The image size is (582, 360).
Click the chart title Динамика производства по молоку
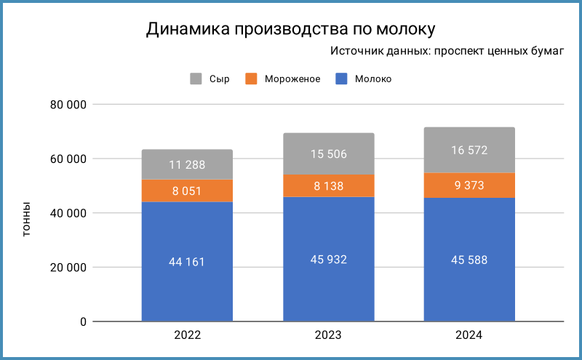pyautogui.click(x=290, y=29)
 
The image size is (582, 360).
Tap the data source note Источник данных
pyautogui.click(x=447, y=52)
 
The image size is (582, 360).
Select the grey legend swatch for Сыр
pyautogui.click(x=196, y=79)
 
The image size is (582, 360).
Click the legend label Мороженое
pyautogui.click(x=292, y=79)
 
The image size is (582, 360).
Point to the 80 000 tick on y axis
pyautogui.click(x=68, y=105)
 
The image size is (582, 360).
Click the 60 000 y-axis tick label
pyautogui.click(x=68, y=159)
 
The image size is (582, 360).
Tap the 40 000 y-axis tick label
pyautogui.click(x=68, y=213)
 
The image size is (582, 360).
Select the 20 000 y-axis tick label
pyautogui.click(x=68, y=268)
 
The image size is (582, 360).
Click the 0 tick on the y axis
pyautogui.click(x=83, y=321)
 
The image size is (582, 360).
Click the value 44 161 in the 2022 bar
pyautogui.click(x=188, y=262)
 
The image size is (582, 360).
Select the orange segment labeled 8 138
pyautogui.click(x=328, y=185)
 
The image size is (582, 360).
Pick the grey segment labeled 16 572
pyautogui.click(x=469, y=150)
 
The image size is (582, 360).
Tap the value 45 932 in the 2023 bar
pyautogui.click(x=328, y=260)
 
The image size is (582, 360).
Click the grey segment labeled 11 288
pyautogui.click(x=188, y=164)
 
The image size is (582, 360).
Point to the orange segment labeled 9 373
pyautogui.click(x=469, y=185)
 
